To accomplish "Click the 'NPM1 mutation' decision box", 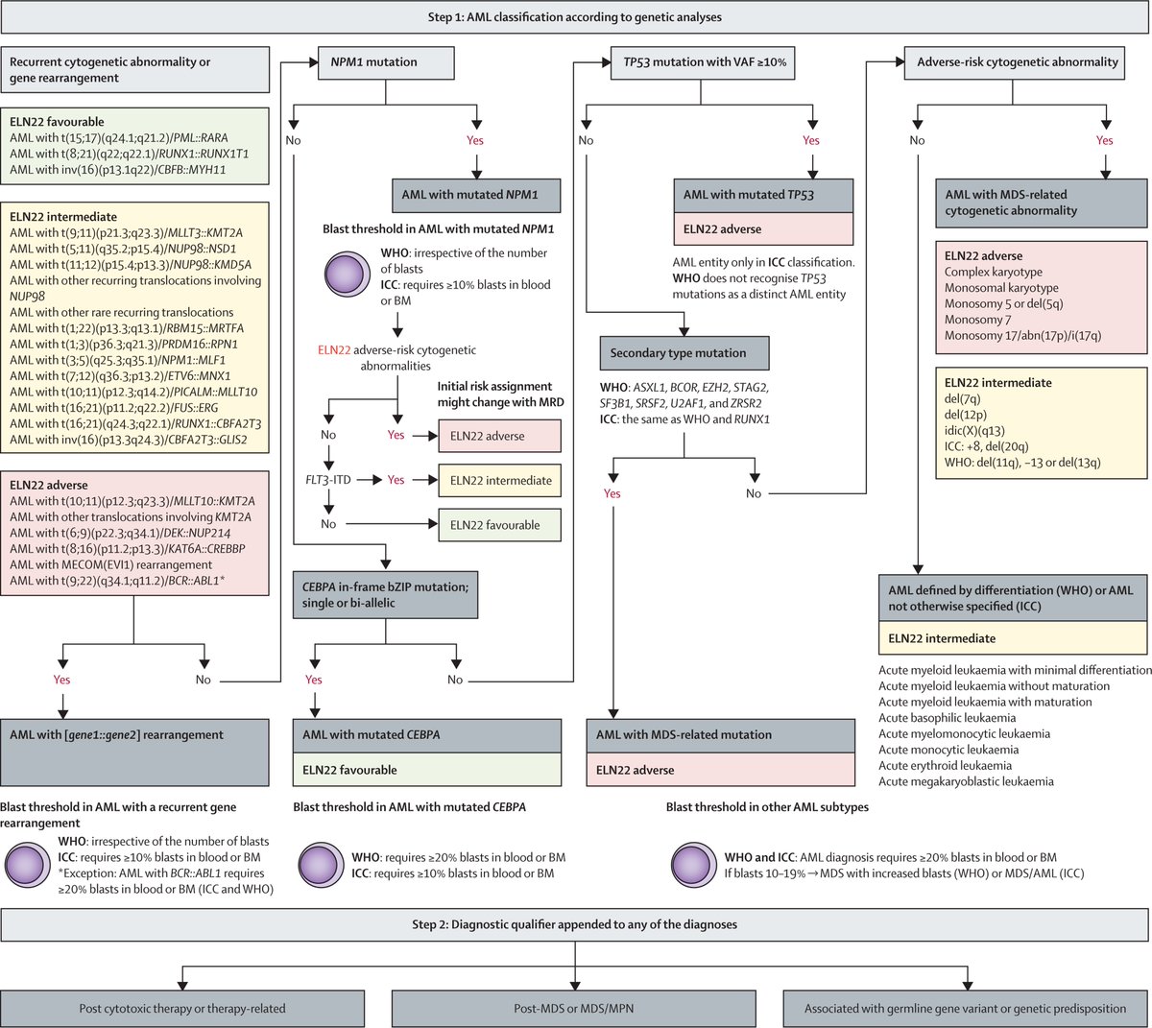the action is tap(386, 62).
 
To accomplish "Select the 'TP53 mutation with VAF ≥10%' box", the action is tap(702, 62).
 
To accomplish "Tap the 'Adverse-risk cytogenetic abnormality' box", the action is tap(1015, 62).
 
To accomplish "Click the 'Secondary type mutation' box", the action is tap(684, 353).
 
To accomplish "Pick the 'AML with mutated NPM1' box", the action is tap(476, 196).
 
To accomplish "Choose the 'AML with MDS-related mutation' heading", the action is tap(720, 736).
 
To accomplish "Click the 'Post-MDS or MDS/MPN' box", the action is tap(574, 1009).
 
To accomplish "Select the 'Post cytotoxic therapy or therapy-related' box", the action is tap(182, 1009).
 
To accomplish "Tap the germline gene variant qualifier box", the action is tap(965, 1009).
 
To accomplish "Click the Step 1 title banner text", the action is tap(574, 17).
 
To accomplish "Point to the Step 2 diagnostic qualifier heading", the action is tap(574, 924).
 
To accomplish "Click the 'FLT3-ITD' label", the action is tap(328, 480).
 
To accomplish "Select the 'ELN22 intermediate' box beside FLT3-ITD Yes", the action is tap(500, 481).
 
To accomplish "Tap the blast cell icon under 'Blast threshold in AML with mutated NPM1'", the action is tap(348, 275).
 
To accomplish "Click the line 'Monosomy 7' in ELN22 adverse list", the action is tap(977, 320).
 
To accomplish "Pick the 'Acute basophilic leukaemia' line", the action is tap(947, 718).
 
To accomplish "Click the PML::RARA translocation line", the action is tap(119, 138).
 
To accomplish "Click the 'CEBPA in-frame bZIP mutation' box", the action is tap(386, 595).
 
